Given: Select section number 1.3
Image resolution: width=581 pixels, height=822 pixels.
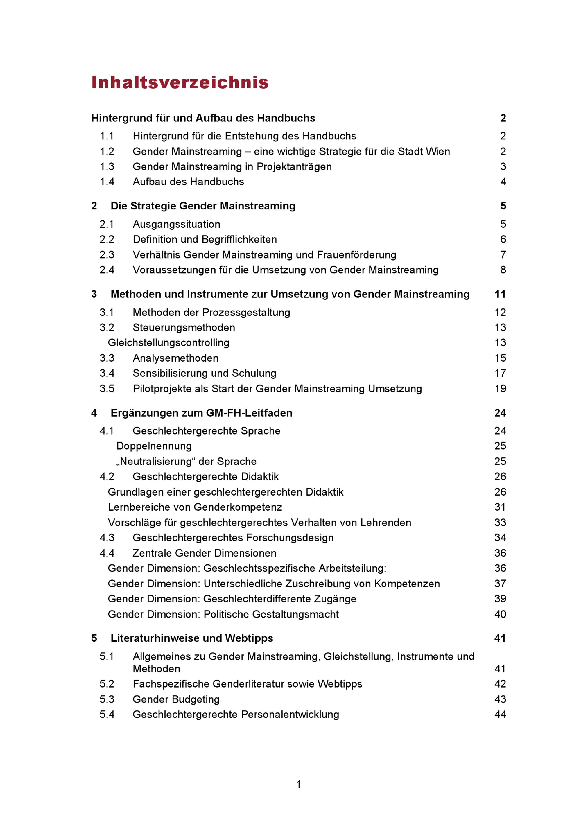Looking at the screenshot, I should (x=107, y=167).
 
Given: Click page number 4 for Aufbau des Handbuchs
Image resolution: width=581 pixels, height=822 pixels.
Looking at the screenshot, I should (x=503, y=182).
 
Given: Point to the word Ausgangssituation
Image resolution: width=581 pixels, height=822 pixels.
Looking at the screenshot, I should (x=177, y=225).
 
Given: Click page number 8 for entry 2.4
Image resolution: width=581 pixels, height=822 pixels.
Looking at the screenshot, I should (x=503, y=270).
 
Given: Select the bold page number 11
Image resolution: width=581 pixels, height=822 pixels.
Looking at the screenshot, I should (x=500, y=294).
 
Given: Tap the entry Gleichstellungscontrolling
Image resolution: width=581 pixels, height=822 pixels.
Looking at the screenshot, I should (x=168, y=343).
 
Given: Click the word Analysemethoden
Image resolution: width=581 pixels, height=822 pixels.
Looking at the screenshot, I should (x=175, y=358).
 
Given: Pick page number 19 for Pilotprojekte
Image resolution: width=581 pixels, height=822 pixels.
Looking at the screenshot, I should (x=500, y=389).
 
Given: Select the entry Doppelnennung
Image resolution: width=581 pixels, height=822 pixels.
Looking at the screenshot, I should (x=154, y=446).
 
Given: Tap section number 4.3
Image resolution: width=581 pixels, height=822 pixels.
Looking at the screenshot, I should (x=107, y=538).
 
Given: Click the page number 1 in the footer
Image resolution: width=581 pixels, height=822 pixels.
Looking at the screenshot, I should (x=299, y=785).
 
